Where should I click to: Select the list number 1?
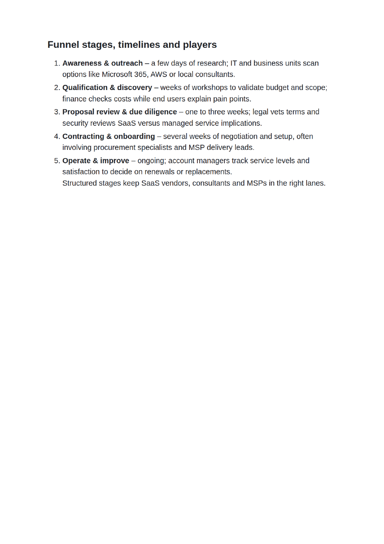[x=56, y=63]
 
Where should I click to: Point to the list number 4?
[x=56, y=137]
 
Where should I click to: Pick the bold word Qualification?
[x=84, y=88]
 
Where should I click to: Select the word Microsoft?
[x=117, y=75]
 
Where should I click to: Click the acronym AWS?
[x=159, y=75]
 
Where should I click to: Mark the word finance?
[x=74, y=99]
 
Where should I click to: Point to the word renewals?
[x=160, y=172]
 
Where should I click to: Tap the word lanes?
[x=315, y=183]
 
